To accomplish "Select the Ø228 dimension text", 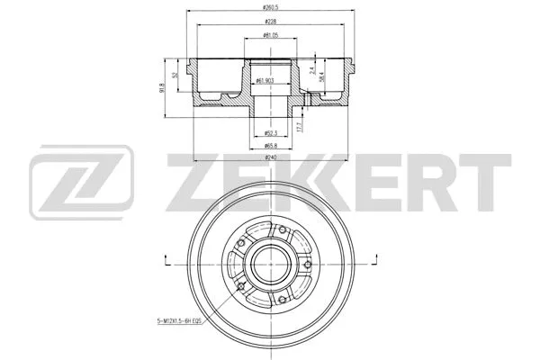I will (x=269, y=23).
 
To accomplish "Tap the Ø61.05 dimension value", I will (x=269, y=37).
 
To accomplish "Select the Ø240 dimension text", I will (x=269, y=157).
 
